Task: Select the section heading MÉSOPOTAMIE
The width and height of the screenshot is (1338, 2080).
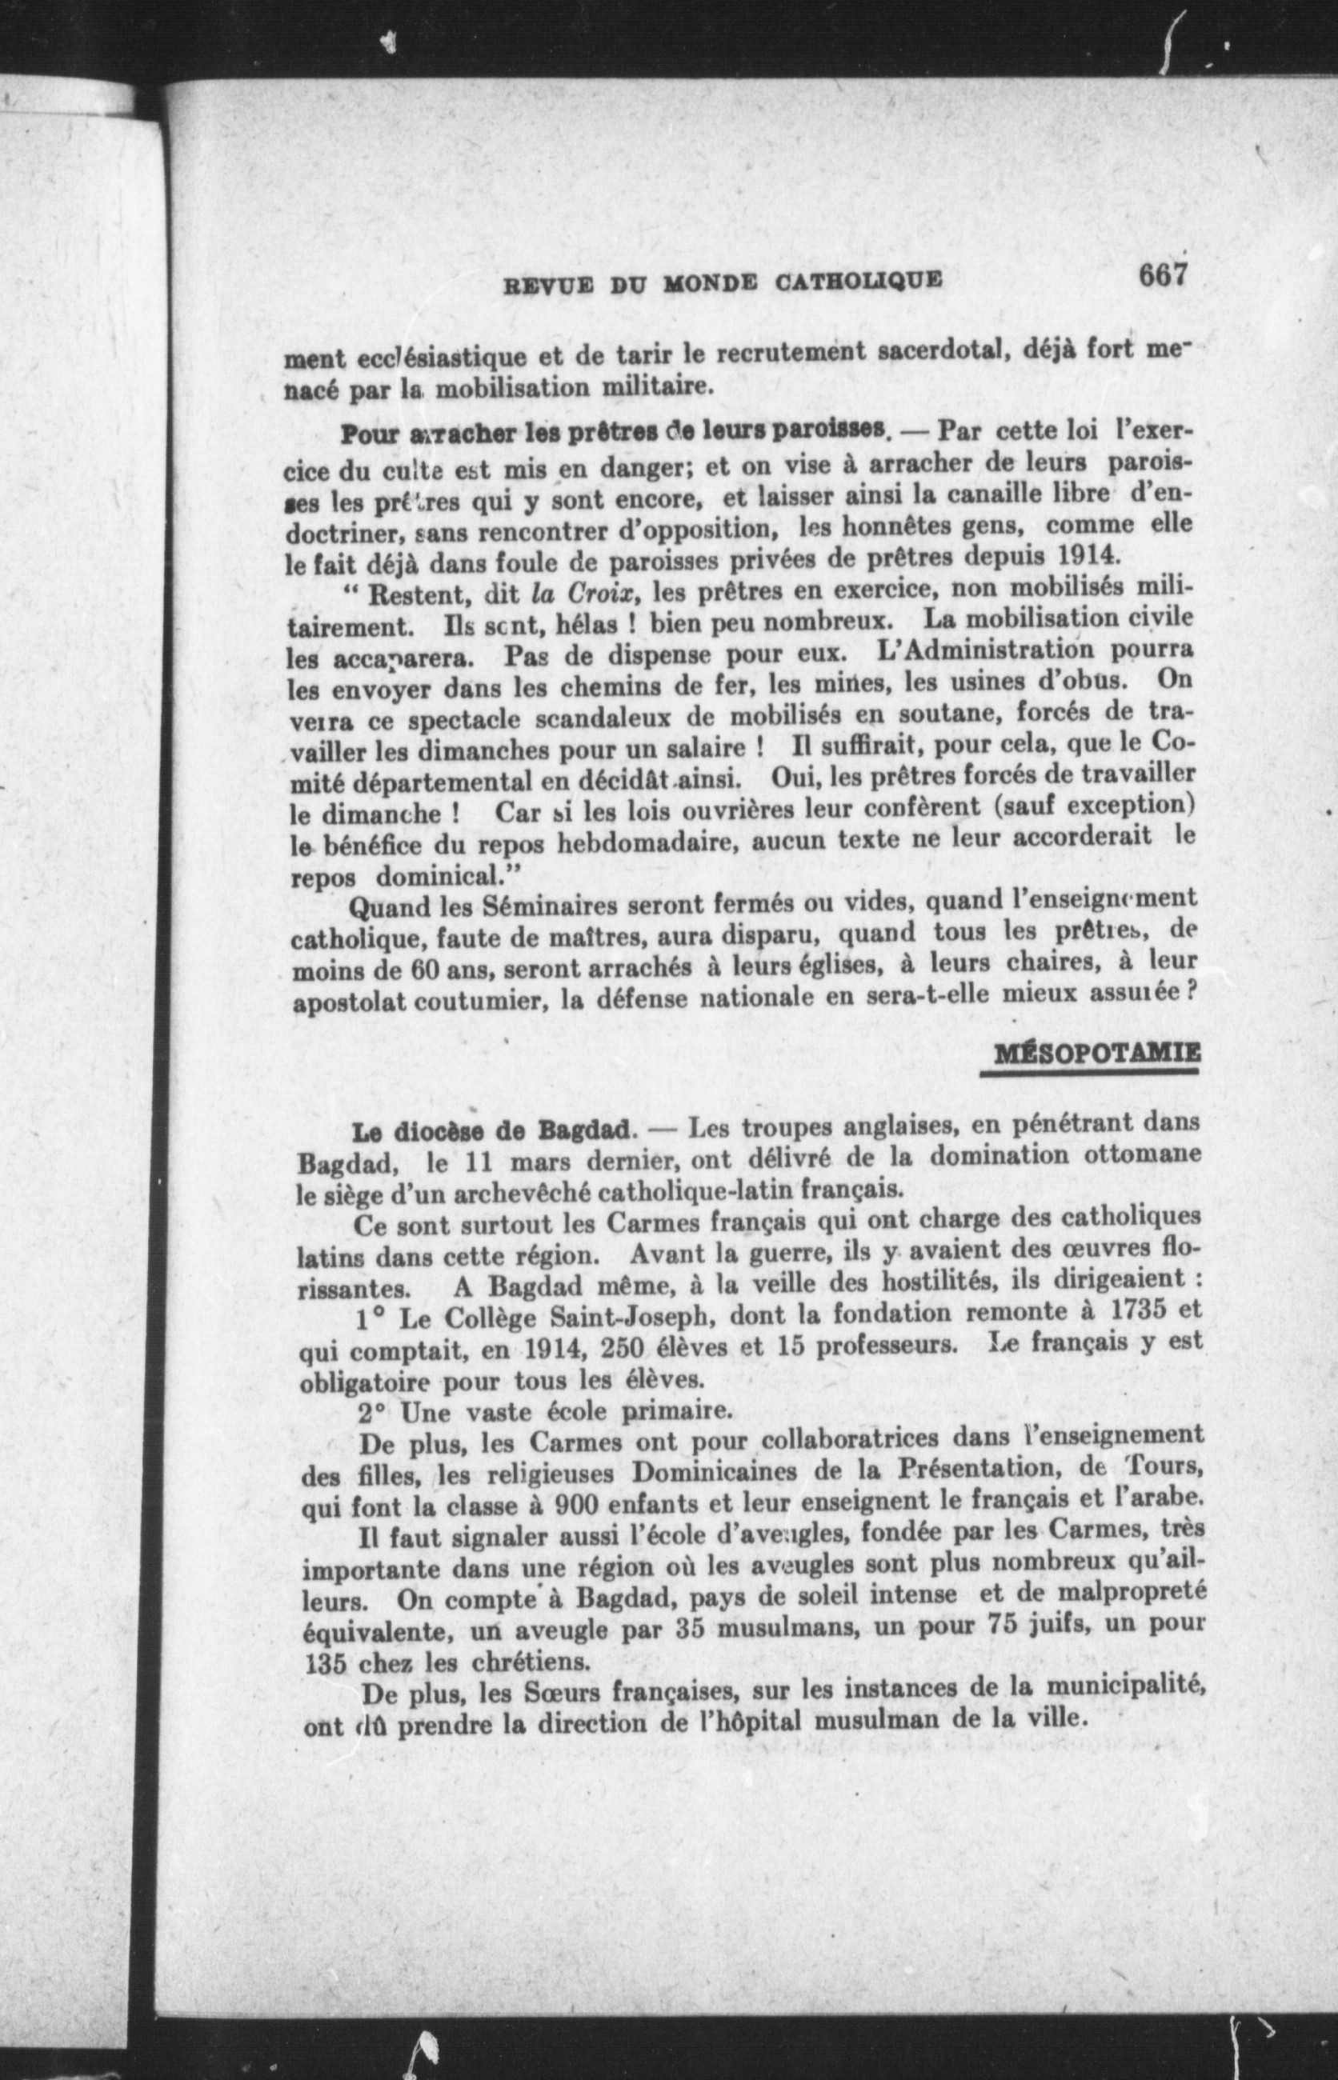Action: [x=1096, y=1054]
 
